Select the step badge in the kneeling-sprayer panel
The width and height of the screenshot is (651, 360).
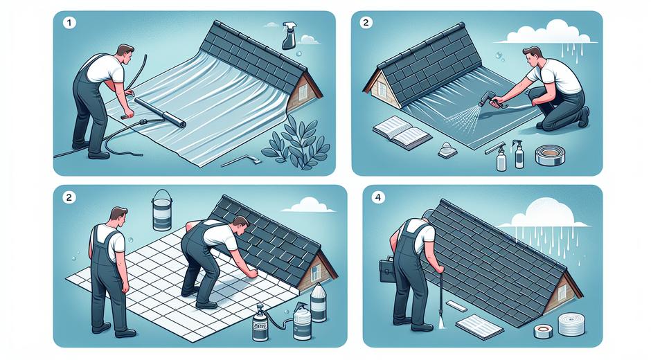365,22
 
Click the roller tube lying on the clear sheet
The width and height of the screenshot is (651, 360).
159,112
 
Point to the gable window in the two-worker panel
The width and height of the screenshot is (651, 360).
316,271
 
